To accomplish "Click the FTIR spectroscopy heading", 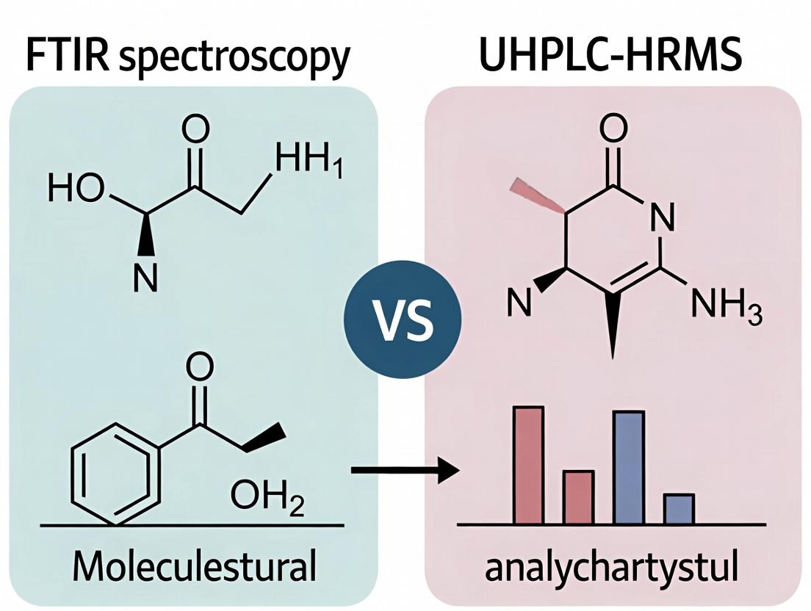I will [187, 57].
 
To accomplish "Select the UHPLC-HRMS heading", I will [610, 57].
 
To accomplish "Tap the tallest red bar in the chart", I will [529, 465].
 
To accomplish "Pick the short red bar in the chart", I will [578, 497].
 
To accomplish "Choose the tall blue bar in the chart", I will [628, 467].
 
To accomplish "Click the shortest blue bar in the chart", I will [678, 509].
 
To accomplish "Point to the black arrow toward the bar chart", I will [404, 469].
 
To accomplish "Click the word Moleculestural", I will [194, 567].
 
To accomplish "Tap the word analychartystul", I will [612, 567].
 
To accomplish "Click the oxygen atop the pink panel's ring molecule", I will [613, 129].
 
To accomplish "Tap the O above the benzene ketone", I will [200, 366].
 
